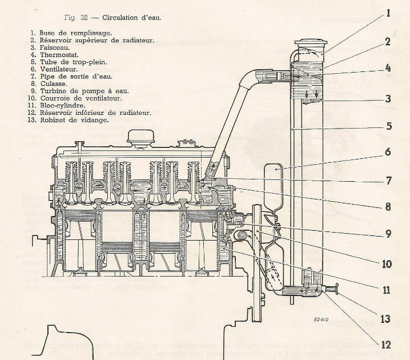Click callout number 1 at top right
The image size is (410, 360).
point(388,13)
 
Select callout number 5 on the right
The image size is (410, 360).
point(388,126)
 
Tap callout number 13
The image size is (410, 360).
point(387,319)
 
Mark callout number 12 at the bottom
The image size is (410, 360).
point(387,345)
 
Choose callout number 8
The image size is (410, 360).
point(388,207)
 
